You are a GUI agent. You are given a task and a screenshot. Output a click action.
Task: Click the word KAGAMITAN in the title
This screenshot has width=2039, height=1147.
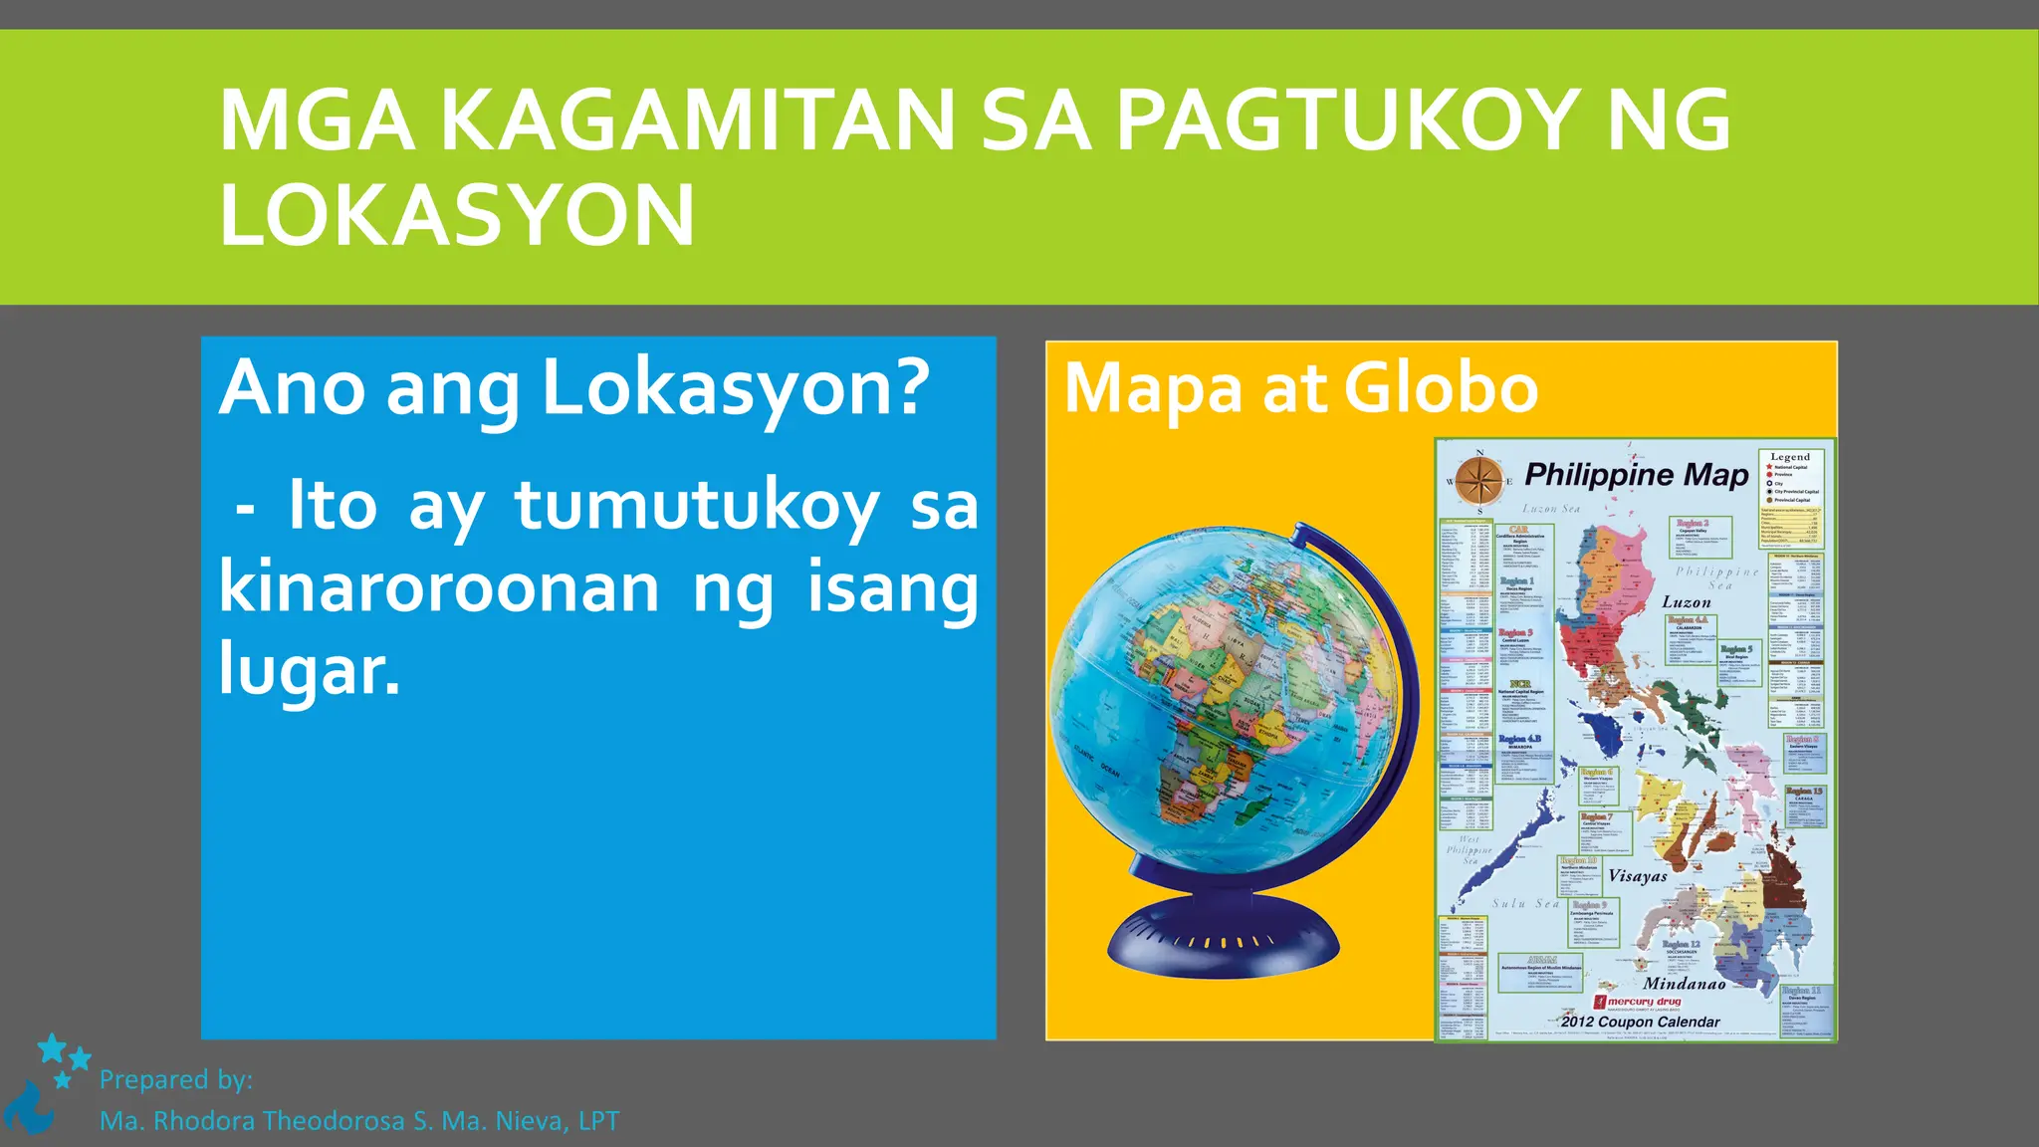[697, 120]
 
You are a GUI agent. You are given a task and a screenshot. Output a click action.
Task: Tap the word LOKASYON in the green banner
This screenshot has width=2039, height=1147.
[456, 216]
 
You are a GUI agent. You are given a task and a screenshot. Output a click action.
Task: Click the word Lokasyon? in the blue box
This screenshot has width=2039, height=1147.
[735, 388]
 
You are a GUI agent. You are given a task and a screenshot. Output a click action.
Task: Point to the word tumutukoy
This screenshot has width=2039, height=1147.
[696, 506]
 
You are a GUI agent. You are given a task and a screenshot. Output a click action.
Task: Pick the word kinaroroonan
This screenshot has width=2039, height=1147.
[438, 587]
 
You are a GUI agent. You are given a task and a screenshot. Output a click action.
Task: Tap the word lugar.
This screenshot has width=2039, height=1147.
[309, 669]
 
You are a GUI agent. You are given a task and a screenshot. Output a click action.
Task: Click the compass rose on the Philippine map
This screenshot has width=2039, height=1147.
[1479, 481]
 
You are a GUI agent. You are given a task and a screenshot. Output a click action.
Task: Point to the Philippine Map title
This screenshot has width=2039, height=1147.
[1636, 475]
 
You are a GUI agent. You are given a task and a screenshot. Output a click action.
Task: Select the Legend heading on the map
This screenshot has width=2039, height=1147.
[1790, 457]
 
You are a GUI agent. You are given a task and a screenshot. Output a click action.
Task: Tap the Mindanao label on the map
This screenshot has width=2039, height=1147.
[1685, 983]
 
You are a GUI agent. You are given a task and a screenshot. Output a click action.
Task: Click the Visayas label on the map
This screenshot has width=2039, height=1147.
[1638, 876]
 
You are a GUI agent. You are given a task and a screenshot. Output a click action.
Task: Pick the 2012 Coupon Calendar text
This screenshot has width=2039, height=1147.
[1640, 1022]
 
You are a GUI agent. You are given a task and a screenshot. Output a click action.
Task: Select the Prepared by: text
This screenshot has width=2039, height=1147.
[176, 1080]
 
